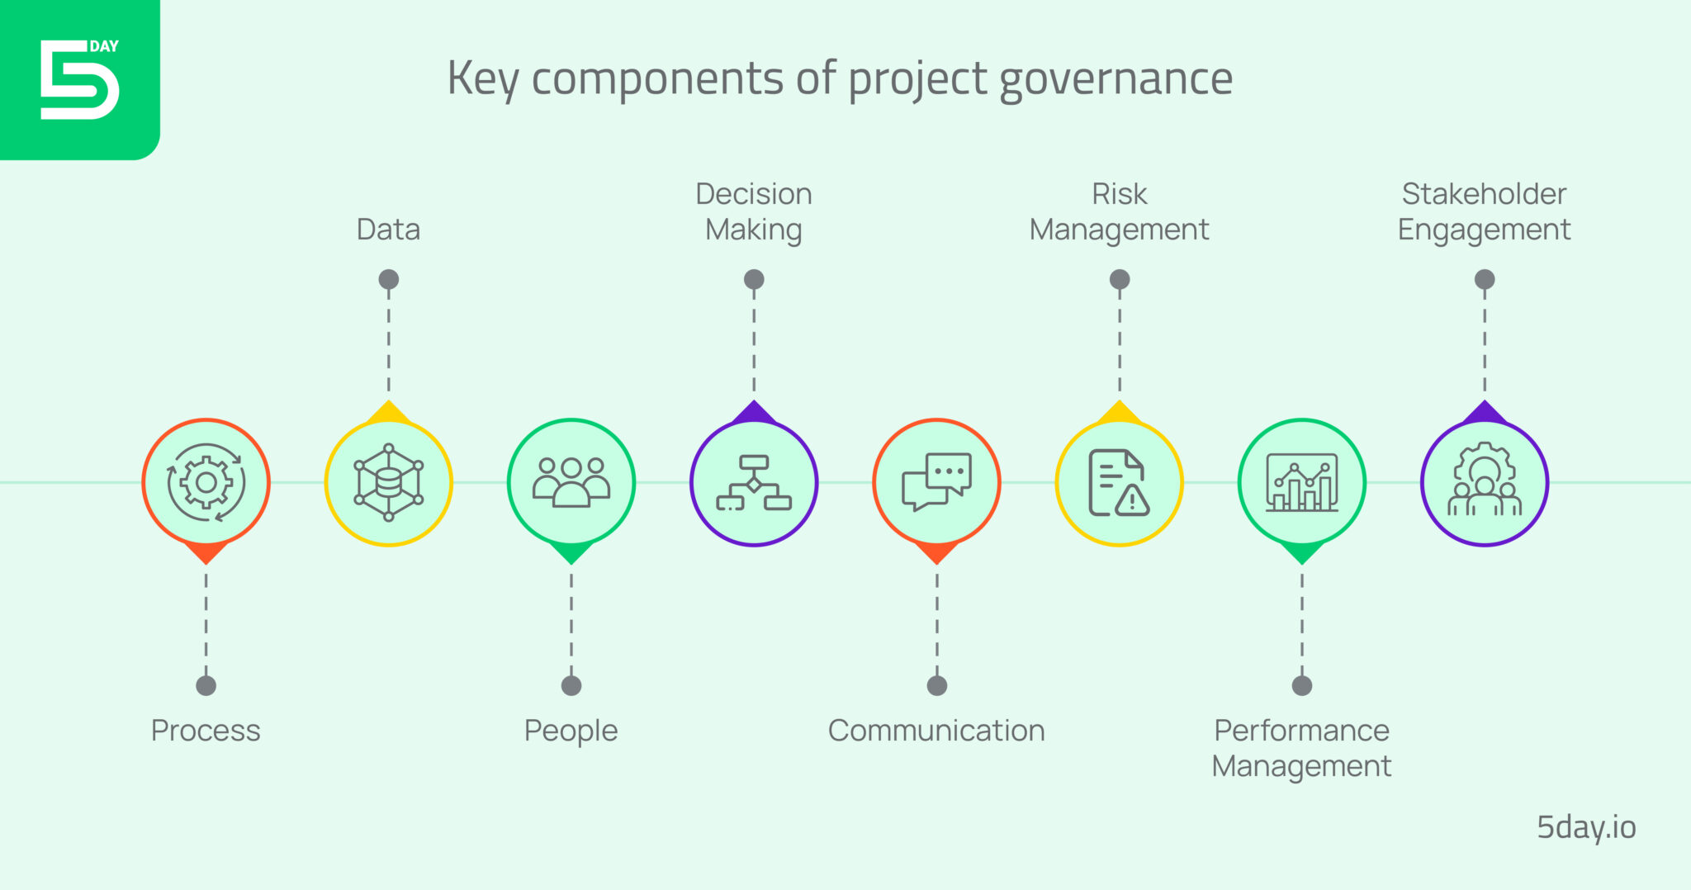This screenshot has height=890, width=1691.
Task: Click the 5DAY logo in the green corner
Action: [x=79, y=78]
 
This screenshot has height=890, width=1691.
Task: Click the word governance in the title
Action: [x=1115, y=80]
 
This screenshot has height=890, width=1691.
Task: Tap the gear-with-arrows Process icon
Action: [x=206, y=483]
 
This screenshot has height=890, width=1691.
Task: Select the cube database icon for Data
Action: [x=388, y=483]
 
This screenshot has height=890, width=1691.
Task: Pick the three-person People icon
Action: [x=571, y=482]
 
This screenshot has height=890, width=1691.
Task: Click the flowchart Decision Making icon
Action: [x=754, y=483]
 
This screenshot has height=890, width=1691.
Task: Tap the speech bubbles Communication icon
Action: [x=936, y=482]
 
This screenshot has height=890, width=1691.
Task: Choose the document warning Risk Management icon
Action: [x=1119, y=483]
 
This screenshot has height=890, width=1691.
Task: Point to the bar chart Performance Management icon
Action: [x=1302, y=482]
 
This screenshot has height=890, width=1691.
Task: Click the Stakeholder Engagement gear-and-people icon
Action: [x=1485, y=482]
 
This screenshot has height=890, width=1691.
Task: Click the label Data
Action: [x=388, y=230]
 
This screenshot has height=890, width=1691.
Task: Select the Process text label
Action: [x=206, y=731]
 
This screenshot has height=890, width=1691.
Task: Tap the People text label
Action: [x=571, y=731]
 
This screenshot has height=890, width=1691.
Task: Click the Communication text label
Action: [x=936, y=731]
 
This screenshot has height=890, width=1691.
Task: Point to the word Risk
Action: [x=1119, y=194]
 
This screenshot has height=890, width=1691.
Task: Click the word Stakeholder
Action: [x=1484, y=194]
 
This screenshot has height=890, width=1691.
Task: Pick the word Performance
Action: [x=1301, y=731]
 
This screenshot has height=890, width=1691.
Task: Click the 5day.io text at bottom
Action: [x=1585, y=827]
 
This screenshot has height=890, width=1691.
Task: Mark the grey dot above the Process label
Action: [x=206, y=685]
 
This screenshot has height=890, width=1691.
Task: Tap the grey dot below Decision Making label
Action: [x=754, y=279]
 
